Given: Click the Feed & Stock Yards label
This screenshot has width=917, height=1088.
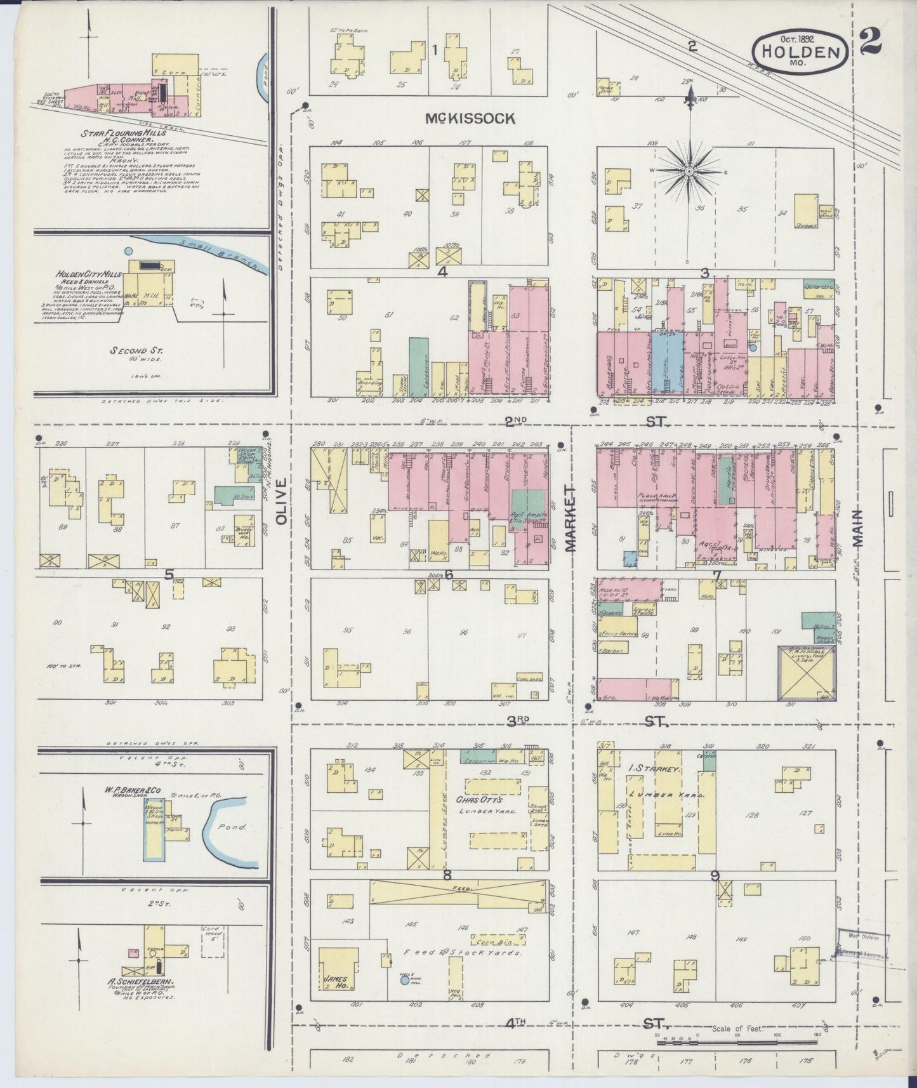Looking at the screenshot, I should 464,953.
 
